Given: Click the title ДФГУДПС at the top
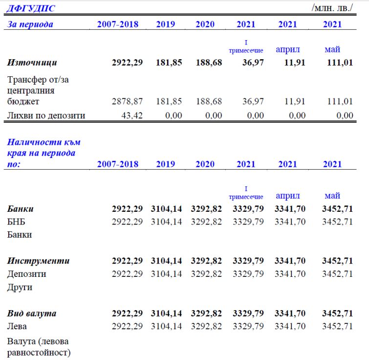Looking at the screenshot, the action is pyautogui.click(x=31, y=9).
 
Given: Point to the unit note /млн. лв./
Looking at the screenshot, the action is pyautogui.click(x=332, y=8).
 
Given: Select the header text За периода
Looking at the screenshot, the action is pyautogui.click(x=30, y=24).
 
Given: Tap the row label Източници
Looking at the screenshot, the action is pyautogui.click(x=32, y=63).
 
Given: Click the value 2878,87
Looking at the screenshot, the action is pyautogui.click(x=127, y=101).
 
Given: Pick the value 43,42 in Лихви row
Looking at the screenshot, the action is pyautogui.click(x=132, y=115).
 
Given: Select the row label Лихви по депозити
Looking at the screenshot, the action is pyautogui.click(x=46, y=115).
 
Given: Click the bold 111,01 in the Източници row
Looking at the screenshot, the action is pyautogui.click(x=340, y=63).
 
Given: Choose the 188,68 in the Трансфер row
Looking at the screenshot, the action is pyautogui.click(x=209, y=101).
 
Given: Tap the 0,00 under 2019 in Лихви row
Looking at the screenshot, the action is pyautogui.click(x=174, y=115).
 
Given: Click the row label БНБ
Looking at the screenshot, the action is pyautogui.click(x=16, y=222).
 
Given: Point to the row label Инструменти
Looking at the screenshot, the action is pyautogui.click(x=38, y=261).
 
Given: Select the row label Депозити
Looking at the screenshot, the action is pyautogui.click(x=26, y=274).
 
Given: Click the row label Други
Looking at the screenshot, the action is pyautogui.click(x=20, y=287).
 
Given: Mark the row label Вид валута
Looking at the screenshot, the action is pyautogui.click(x=32, y=314).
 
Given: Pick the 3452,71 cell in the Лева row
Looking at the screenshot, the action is pyautogui.click(x=337, y=326).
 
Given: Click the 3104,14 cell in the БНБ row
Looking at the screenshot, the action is pyautogui.click(x=166, y=222).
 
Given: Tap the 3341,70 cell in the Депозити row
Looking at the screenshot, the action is pyautogui.click(x=290, y=274).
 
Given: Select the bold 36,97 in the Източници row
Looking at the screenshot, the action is pyautogui.click(x=253, y=63).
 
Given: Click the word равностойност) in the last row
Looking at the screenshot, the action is pyautogui.click(x=39, y=353).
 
